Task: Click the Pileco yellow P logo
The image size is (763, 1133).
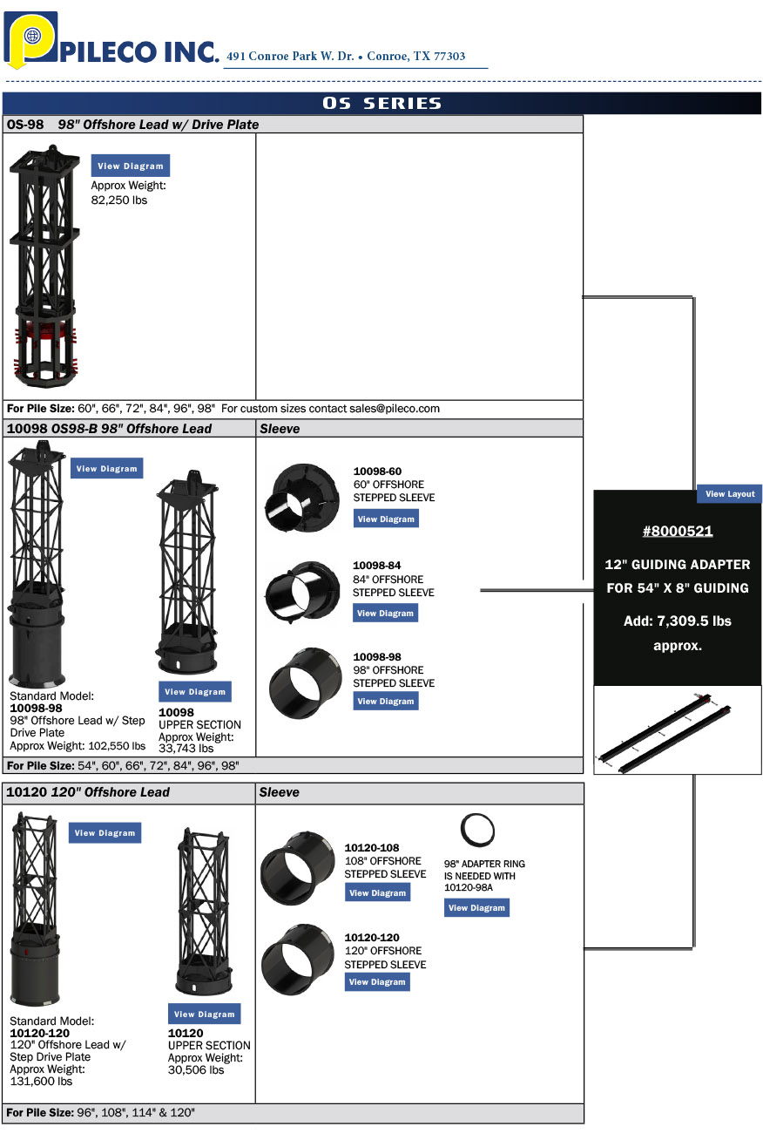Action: (30, 38)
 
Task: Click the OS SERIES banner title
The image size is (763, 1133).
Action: (381, 103)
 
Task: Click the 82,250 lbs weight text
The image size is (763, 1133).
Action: (119, 200)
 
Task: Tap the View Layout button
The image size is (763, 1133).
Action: (729, 494)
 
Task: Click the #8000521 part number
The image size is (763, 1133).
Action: (678, 531)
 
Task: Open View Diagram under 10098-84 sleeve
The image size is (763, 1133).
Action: (386, 614)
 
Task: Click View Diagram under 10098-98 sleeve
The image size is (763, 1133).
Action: (386, 702)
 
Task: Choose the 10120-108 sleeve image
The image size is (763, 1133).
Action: (296, 867)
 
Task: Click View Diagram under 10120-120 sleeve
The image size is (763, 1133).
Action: (377, 982)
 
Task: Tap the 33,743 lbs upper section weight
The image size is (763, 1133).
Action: (186, 748)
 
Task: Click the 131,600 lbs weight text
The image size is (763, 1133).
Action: (41, 1081)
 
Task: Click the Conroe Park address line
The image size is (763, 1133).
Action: (346, 56)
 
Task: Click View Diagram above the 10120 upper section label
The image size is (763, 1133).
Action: (204, 1014)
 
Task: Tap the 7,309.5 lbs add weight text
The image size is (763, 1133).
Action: (677, 621)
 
